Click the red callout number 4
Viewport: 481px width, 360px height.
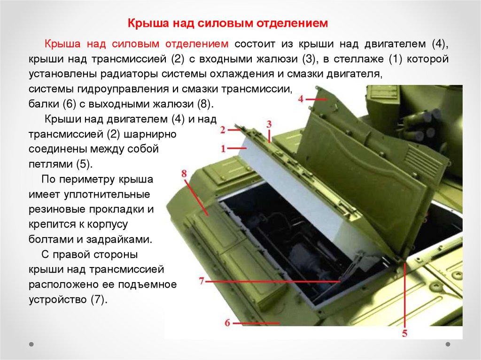click(301, 99)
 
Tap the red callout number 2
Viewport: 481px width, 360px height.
click(223, 130)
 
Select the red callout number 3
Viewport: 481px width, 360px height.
click(269, 124)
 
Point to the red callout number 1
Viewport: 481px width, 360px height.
click(223, 149)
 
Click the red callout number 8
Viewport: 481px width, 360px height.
click(184, 174)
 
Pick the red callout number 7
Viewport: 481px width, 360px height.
click(202, 281)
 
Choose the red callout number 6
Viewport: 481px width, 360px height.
click(227, 323)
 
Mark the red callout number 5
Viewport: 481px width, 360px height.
click(405, 333)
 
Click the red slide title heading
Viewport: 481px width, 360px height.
click(228, 23)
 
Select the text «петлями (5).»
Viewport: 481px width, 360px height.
click(61, 164)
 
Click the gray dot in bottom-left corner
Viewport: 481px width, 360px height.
click(31, 344)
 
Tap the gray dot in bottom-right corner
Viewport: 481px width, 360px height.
click(448, 344)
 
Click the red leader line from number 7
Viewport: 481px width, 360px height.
click(273, 281)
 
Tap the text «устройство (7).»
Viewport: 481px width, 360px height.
click(68, 299)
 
